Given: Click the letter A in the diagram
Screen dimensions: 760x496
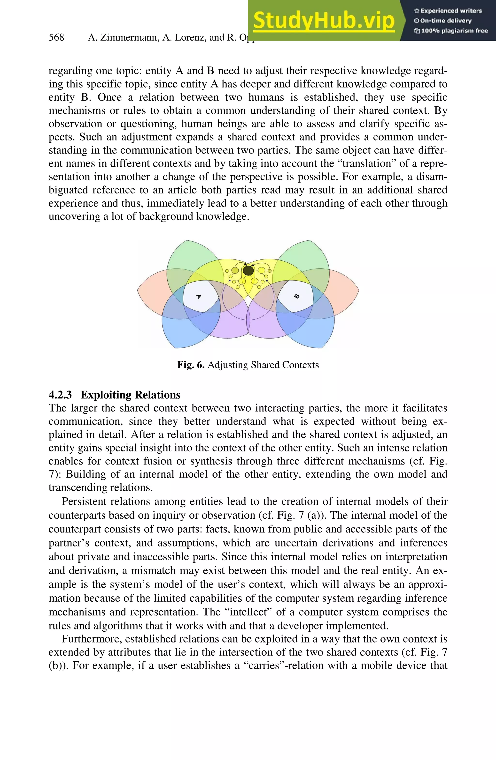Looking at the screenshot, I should coord(198,297).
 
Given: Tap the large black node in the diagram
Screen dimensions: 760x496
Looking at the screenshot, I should coord(248,271).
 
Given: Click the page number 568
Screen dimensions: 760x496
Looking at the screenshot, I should coord(56,37).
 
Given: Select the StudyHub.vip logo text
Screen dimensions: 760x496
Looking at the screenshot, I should coord(324,21).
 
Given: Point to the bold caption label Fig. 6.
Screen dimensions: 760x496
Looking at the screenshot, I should coord(191,365).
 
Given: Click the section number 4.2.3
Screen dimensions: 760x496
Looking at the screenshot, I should coord(60,395).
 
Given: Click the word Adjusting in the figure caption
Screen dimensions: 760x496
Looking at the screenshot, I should coord(228,365).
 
